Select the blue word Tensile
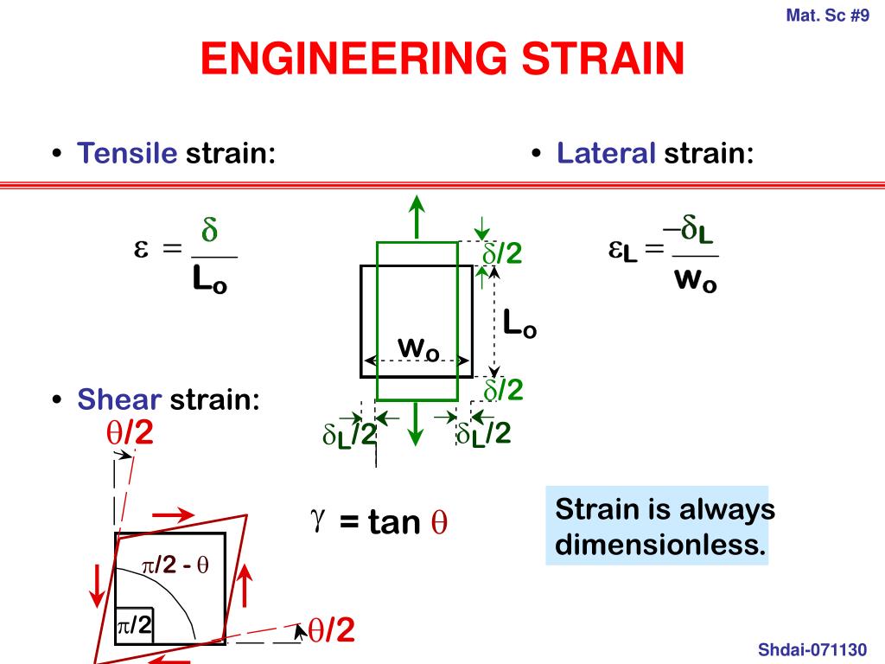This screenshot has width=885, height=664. tap(127, 154)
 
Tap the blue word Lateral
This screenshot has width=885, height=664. tap(607, 154)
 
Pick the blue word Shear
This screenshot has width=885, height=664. tap(119, 399)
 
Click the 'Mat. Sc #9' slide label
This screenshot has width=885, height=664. tap(828, 15)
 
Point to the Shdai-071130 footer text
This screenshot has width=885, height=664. tap(811, 648)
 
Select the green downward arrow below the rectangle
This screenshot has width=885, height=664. tap(417, 424)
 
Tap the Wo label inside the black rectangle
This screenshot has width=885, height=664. tap(418, 348)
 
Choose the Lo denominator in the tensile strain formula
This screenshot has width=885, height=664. tap(210, 279)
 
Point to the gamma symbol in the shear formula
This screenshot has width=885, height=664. tap(317, 519)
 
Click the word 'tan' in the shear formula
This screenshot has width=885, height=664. tap(394, 522)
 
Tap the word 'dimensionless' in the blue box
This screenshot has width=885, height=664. tap(660, 545)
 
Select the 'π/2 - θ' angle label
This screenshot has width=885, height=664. tap(175, 566)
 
